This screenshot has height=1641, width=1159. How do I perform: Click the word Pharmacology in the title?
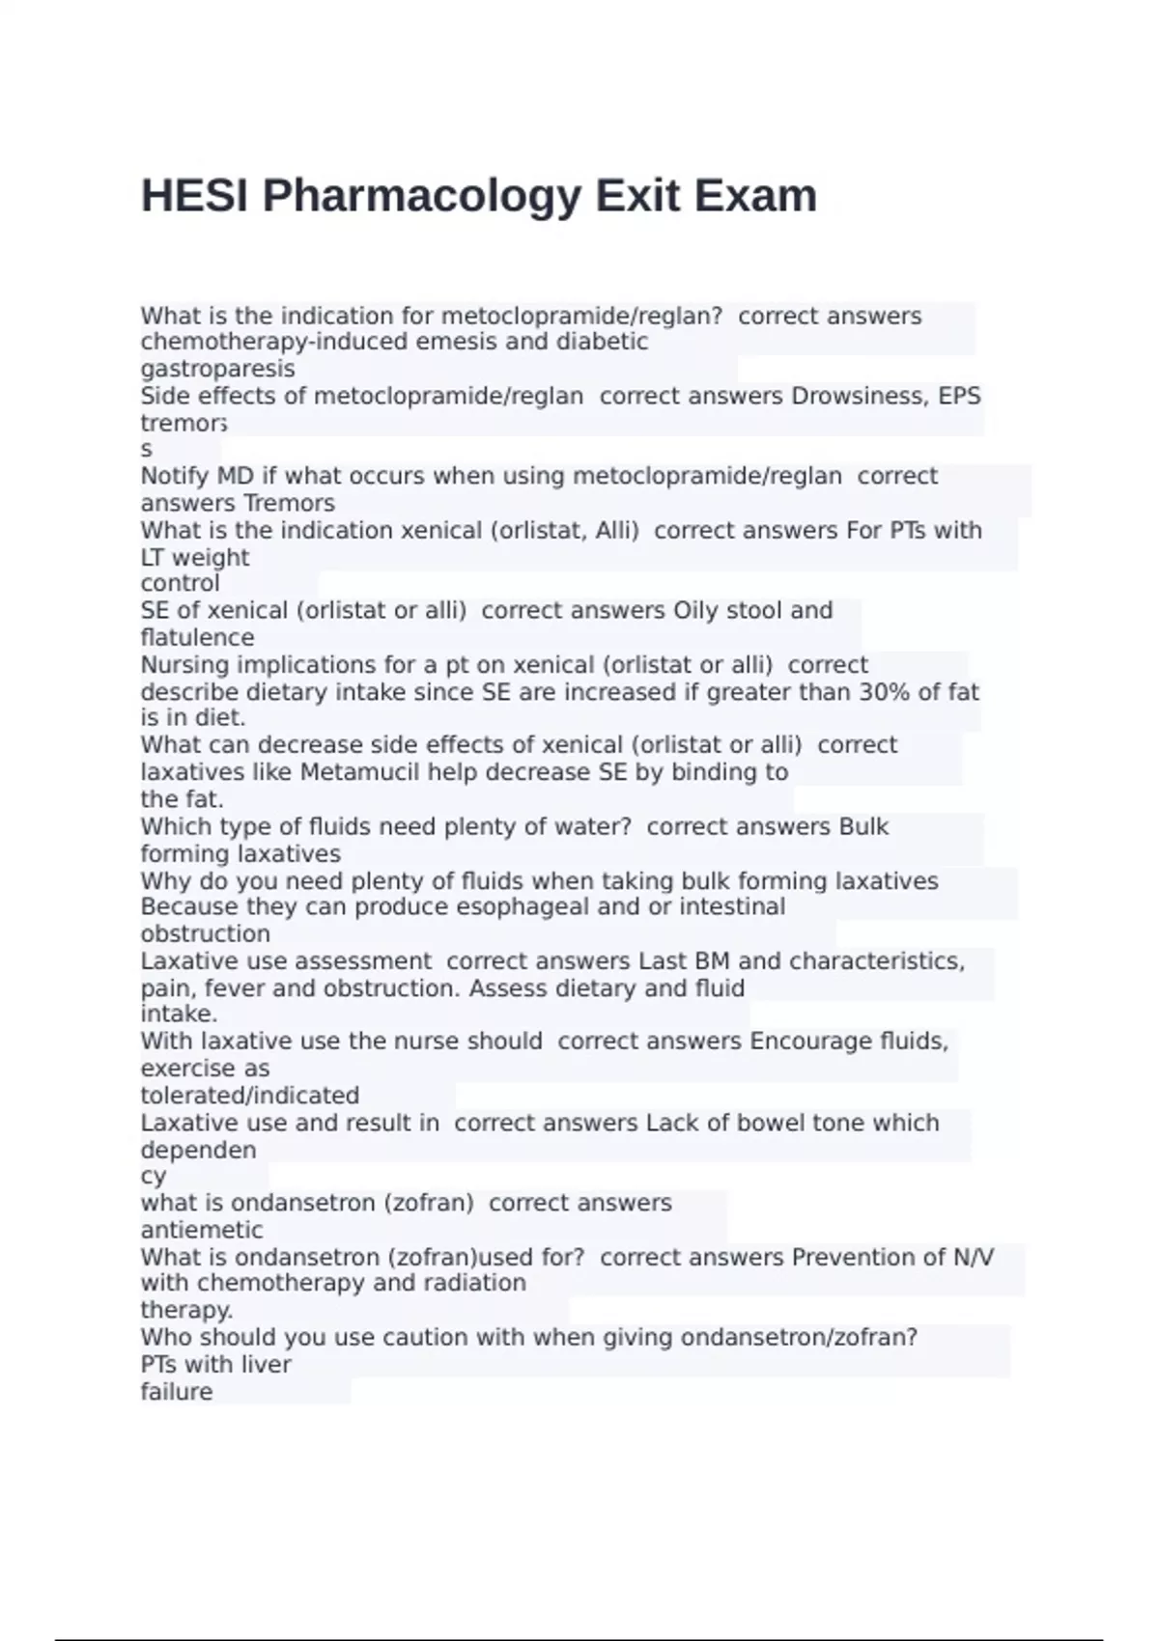[422, 196]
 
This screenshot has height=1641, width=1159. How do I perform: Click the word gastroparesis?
[217, 369]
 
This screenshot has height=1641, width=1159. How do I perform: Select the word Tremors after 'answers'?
[289, 503]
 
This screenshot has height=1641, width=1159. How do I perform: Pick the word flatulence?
[197, 637]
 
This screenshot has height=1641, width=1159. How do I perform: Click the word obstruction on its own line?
[205, 933]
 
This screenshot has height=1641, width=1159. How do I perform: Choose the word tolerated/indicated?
[249, 1096]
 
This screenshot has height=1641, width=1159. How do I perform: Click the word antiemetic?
[201, 1230]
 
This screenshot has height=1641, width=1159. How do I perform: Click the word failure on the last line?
[176, 1392]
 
